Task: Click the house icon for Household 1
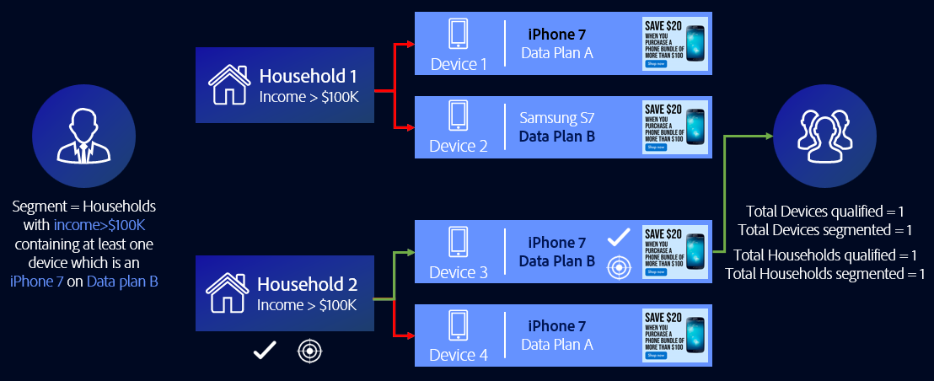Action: pos(228,85)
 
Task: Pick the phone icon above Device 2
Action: pos(459,117)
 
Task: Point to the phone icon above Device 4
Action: pos(459,325)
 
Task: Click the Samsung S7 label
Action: pos(556,118)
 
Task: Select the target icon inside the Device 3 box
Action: pos(620,267)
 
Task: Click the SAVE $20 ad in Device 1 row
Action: pos(675,43)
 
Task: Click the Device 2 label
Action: pos(459,146)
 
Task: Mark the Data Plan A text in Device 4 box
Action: pos(556,344)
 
